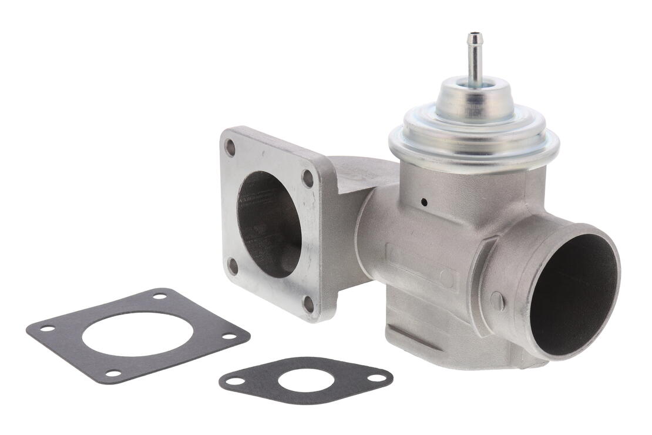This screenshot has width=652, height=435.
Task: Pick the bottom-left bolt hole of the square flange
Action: (233, 266)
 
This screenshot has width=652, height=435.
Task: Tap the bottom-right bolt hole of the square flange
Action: (308, 304)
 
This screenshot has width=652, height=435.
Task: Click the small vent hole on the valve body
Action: (424, 203)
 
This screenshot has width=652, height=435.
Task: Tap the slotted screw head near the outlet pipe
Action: (497, 301)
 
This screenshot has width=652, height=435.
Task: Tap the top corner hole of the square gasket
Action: (159, 296)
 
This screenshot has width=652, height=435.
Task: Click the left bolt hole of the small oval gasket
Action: (236, 381)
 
